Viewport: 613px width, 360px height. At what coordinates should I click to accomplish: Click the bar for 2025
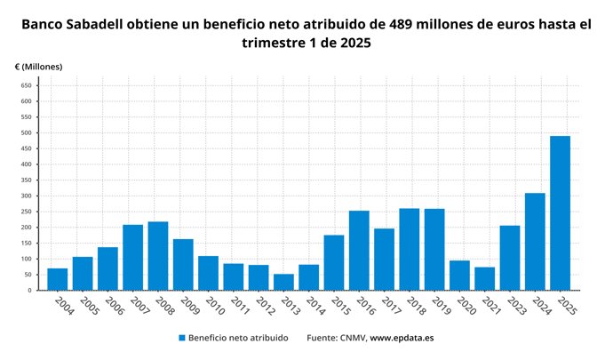click(560, 213)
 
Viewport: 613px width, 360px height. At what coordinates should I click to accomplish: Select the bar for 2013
click(283, 282)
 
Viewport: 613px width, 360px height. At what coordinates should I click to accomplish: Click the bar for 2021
click(484, 278)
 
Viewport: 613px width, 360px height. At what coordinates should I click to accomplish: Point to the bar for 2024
click(535, 242)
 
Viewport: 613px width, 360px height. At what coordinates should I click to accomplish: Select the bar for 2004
click(57, 279)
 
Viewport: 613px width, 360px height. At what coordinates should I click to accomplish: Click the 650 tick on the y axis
click(26, 85)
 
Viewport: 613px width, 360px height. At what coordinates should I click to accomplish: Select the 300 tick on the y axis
click(26, 196)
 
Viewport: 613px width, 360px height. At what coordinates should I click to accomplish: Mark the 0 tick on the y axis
click(30, 291)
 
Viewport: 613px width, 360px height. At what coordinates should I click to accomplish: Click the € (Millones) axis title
click(38, 67)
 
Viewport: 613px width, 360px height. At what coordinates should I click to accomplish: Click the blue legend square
click(181, 339)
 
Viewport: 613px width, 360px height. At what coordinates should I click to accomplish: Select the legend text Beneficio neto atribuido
click(240, 339)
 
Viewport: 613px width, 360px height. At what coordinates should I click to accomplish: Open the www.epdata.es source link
click(402, 339)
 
